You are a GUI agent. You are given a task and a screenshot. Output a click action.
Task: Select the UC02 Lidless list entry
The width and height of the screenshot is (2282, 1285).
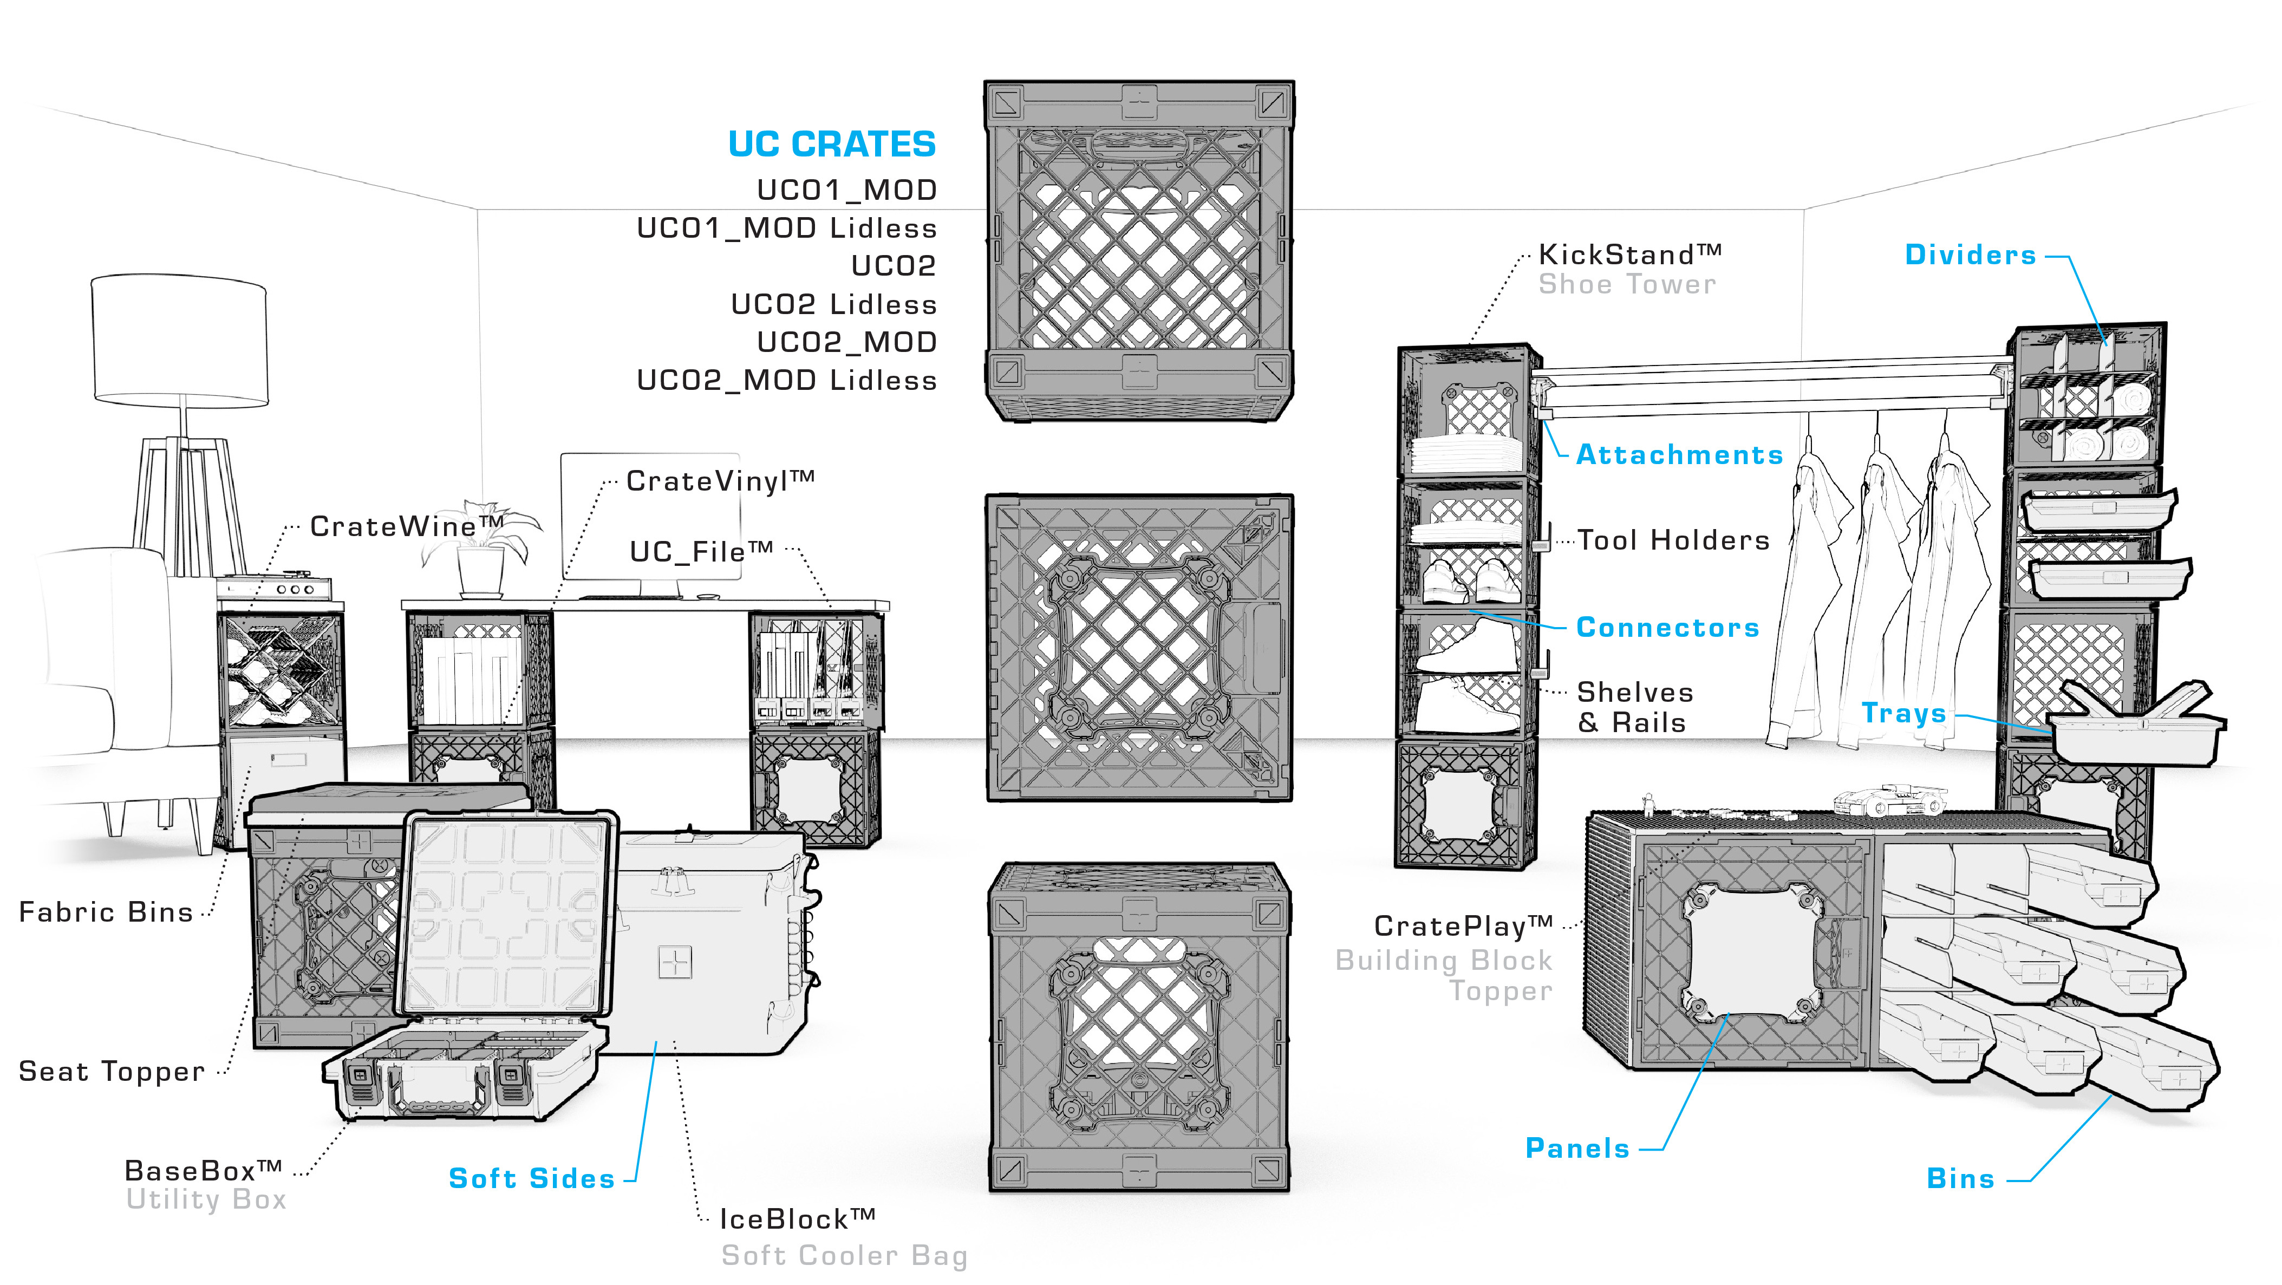pyautogui.click(x=833, y=305)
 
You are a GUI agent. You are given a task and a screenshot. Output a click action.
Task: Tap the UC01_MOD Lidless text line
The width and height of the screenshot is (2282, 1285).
pyautogui.click(x=787, y=229)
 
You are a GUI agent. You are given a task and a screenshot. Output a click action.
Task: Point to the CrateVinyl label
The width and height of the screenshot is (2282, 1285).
pyautogui.click(x=719, y=481)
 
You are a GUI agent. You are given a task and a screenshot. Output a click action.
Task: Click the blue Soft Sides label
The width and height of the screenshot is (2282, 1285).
pyautogui.click(x=532, y=1179)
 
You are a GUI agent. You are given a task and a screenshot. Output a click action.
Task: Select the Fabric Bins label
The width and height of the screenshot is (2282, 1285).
pyautogui.click(x=106, y=912)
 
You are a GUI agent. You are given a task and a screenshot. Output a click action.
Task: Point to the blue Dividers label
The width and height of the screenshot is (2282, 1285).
pyautogui.click(x=1970, y=255)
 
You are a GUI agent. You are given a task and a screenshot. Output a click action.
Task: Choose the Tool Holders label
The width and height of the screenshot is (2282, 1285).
pyautogui.click(x=1673, y=540)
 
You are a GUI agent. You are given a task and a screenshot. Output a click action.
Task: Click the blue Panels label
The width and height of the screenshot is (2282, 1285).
pyautogui.click(x=1577, y=1149)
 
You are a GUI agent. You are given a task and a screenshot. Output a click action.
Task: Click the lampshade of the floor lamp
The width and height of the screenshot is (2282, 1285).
pyautogui.click(x=180, y=341)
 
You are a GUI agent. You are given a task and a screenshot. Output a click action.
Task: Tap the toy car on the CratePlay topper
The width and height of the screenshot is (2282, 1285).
pyautogui.click(x=1889, y=800)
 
